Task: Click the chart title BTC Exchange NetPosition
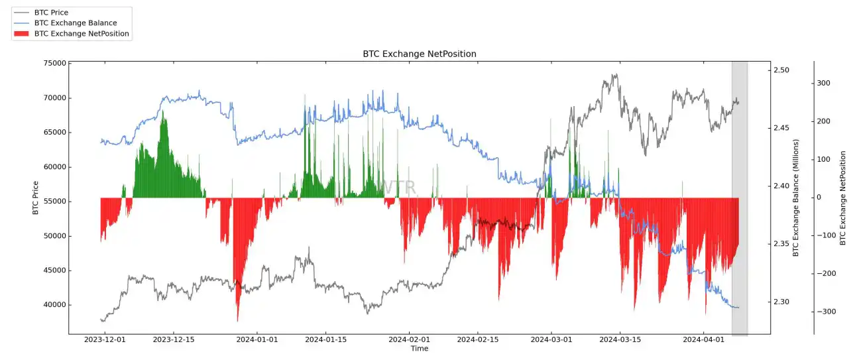coord(419,54)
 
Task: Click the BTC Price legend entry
coord(50,13)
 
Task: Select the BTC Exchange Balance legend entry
coord(75,23)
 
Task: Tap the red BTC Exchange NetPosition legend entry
coord(81,33)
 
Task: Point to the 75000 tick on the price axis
coord(54,64)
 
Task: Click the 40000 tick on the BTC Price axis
coord(54,305)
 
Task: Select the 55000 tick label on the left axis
coord(54,202)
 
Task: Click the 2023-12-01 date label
coord(104,339)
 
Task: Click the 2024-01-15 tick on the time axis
coord(326,339)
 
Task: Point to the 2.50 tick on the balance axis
coord(783,70)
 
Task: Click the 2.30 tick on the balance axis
coord(783,302)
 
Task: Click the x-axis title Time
coord(419,349)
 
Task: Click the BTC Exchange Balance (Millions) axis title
coord(796,198)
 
